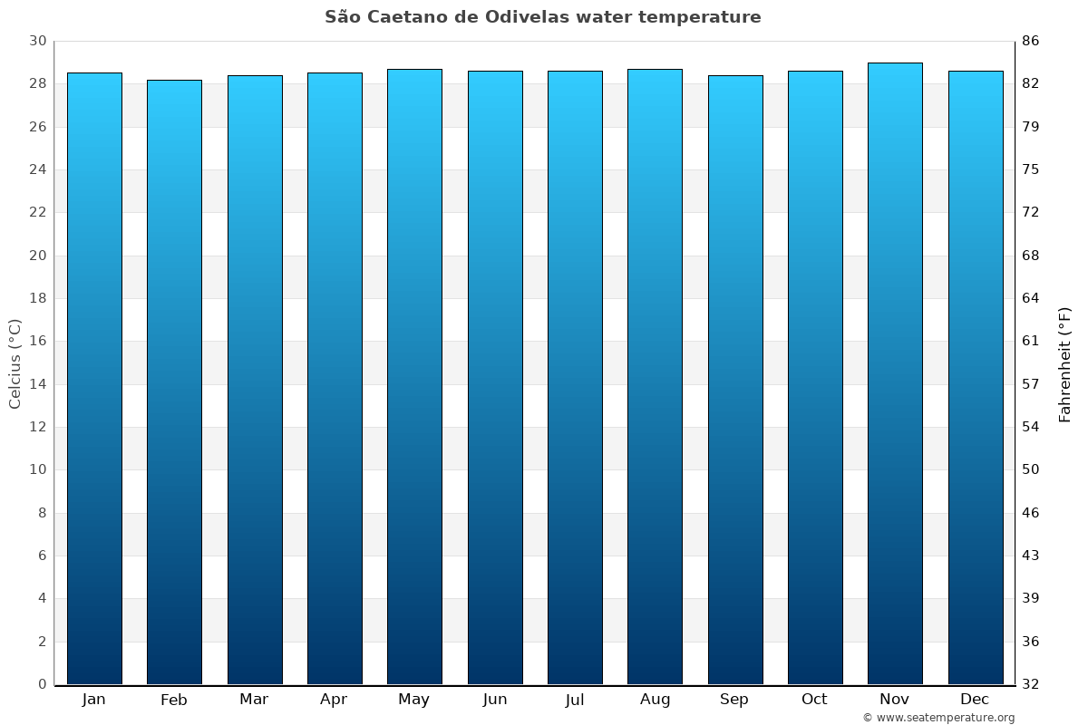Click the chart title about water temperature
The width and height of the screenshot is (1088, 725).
click(542, 17)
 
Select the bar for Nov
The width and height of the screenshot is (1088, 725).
click(895, 373)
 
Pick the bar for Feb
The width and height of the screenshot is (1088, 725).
click(174, 382)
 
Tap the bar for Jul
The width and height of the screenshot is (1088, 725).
click(575, 377)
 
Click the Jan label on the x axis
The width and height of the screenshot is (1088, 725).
click(93, 700)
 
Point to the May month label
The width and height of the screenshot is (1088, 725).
click(414, 700)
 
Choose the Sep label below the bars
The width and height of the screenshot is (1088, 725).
click(734, 700)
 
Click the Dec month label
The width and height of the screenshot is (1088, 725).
click(975, 700)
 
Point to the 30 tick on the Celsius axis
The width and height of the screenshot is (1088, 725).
click(37, 42)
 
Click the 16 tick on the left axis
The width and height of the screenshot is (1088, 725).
click(37, 342)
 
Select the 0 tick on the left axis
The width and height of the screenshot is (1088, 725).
click(42, 684)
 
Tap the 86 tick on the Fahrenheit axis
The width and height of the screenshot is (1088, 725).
click(1031, 42)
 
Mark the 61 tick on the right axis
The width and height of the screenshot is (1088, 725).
click(1031, 342)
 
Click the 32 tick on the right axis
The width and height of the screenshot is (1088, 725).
click(1031, 684)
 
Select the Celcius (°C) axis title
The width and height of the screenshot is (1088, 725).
click(15, 363)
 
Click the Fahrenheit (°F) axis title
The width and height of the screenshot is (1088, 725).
click(1064, 363)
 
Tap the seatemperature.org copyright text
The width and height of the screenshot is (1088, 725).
click(938, 718)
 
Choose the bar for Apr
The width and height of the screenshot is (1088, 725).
click(335, 378)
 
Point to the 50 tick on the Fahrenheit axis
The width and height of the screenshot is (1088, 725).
click(1031, 469)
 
